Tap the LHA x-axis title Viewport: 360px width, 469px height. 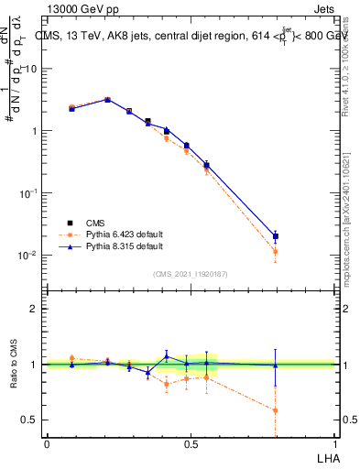pyautogui.click(x=326, y=457)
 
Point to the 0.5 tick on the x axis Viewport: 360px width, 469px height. pyautogui.click(x=191, y=444)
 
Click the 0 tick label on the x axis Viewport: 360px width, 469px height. pyautogui.click(x=47, y=444)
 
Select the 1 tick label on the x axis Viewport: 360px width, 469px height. pyautogui.click(x=334, y=444)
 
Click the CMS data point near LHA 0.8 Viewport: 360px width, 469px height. pyautogui.click(x=276, y=236)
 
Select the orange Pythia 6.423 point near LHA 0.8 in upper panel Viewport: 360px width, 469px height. pyautogui.click(x=276, y=251)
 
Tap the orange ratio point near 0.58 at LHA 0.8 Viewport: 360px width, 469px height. pyautogui.click(x=276, y=410)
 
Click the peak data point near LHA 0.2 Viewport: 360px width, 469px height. pyautogui.click(x=107, y=100)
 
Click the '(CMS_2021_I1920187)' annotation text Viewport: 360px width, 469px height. pyautogui.click(x=191, y=274)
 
